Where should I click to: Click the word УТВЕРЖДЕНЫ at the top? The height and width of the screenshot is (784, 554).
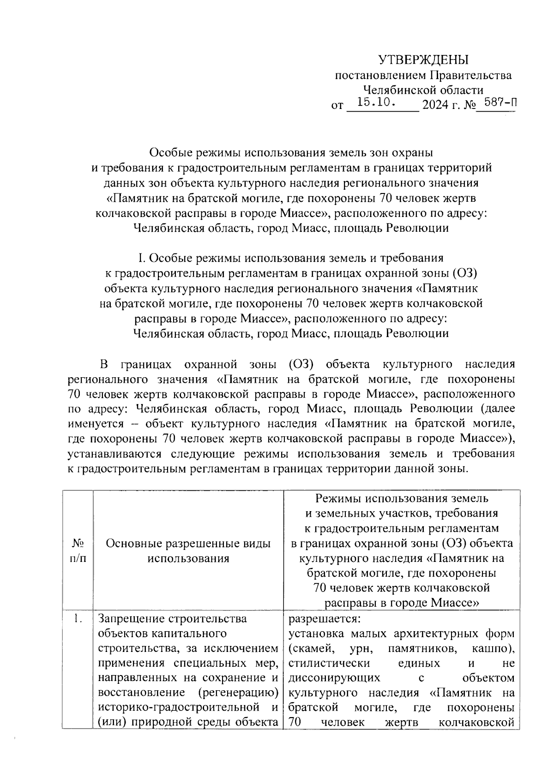pyautogui.click(x=423, y=60)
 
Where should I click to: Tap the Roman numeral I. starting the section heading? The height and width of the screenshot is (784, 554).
pyautogui.click(x=142, y=258)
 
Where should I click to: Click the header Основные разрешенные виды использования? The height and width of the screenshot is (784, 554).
pyautogui.click(x=188, y=551)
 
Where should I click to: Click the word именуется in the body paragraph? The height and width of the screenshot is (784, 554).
pyautogui.click(x=96, y=424)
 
